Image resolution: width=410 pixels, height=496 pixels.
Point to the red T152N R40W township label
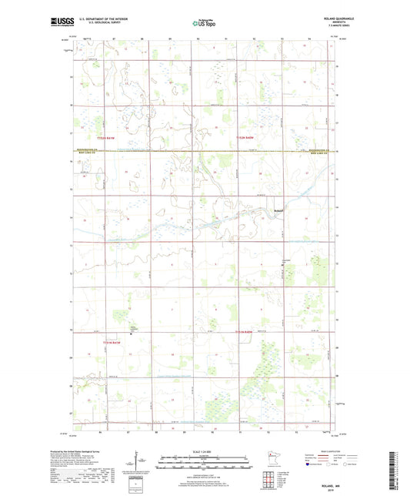click(x=245, y=136)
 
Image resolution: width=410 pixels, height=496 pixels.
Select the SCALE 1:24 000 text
click(x=204, y=451)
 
